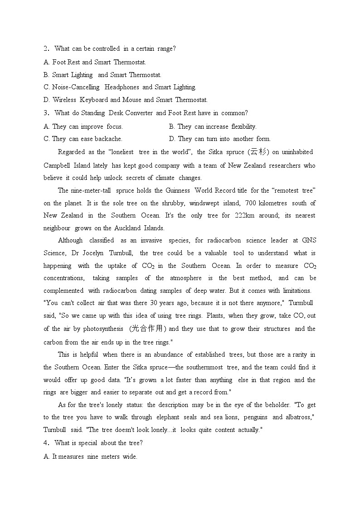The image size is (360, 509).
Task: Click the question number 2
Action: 46,48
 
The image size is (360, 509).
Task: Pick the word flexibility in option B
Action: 243,126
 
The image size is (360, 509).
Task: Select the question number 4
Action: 46,443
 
